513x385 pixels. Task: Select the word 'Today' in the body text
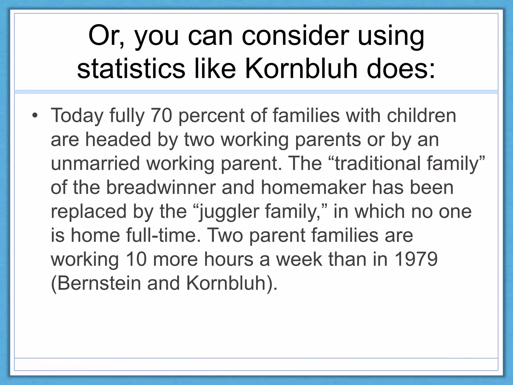tap(77, 116)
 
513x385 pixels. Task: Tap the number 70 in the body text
tap(162, 116)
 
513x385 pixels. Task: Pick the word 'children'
tap(422, 116)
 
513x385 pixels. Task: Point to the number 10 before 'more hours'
tap(136, 259)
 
